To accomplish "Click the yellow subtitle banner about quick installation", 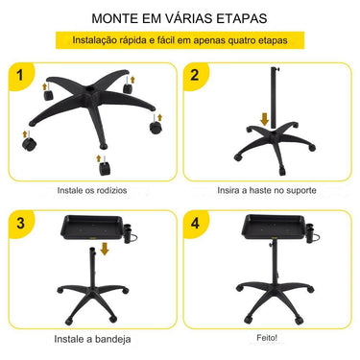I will [x=179, y=41].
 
